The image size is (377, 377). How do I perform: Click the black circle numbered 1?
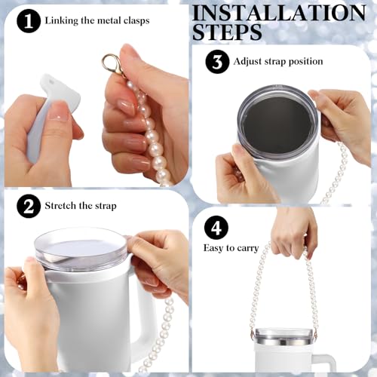pyautogui.click(x=29, y=21)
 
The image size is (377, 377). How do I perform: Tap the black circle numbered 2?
pyautogui.click(x=29, y=206)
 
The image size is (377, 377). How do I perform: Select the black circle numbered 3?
pyautogui.click(x=217, y=62)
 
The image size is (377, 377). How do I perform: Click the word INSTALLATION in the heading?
pyautogui.click(x=290, y=13)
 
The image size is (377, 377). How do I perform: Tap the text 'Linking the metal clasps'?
pyautogui.click(x=97, y=20)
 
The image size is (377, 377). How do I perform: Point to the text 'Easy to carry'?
pyautogui.click(x=231, y=247)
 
